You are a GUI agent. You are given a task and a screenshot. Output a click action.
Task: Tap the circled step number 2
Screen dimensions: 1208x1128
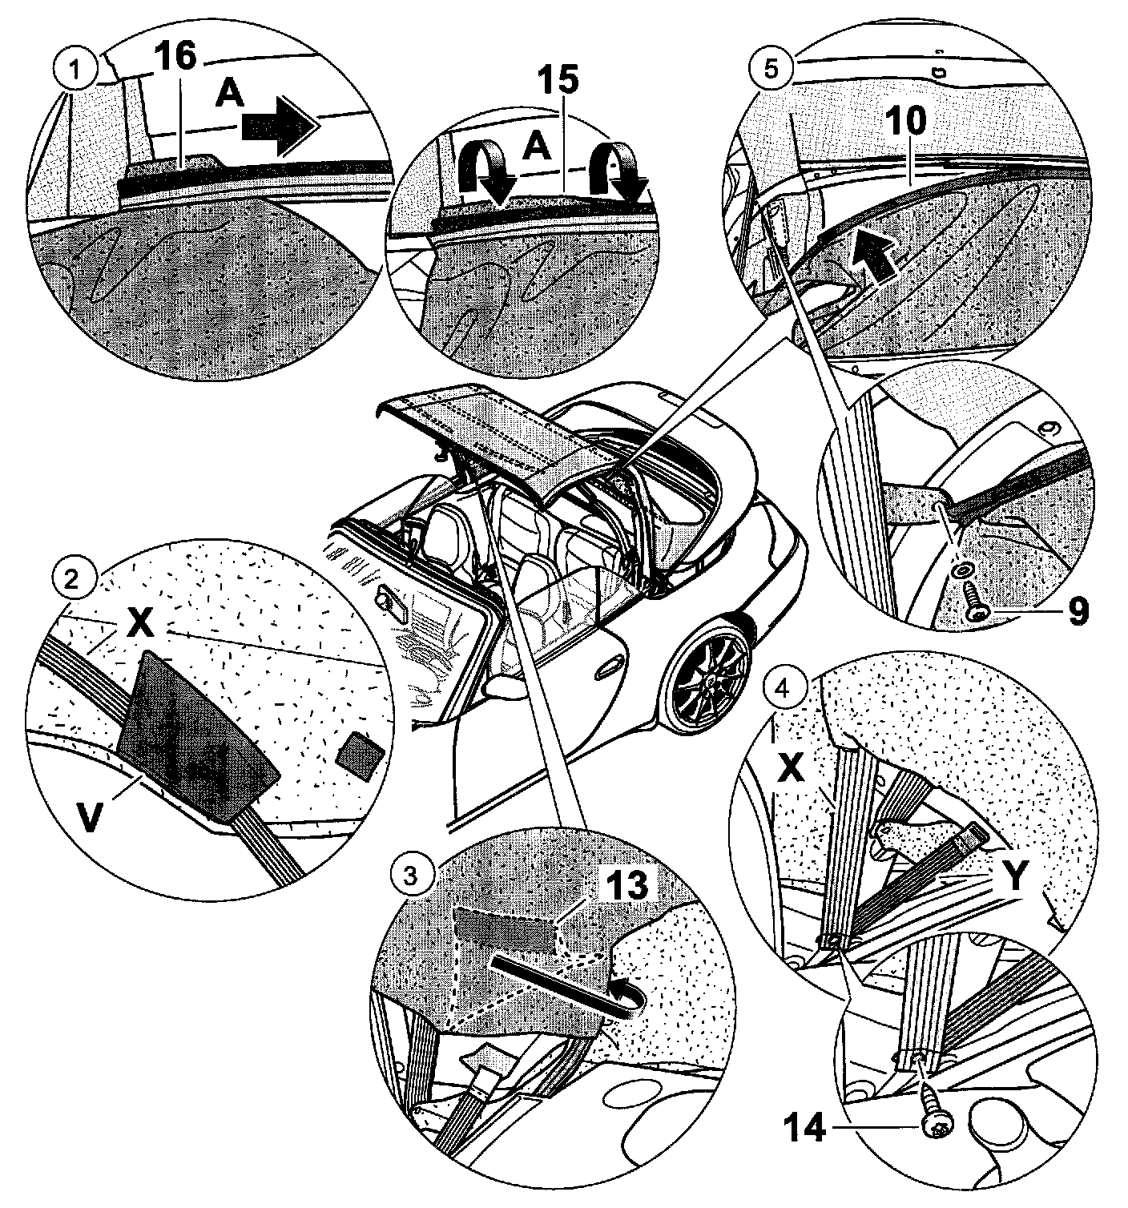(72, 578)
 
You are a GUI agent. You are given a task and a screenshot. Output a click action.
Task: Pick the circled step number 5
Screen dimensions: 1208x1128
(769, 68)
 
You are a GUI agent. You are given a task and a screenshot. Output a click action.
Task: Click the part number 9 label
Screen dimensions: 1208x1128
(1078, 611)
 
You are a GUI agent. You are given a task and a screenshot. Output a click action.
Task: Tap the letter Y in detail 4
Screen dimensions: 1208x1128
(1015, 877)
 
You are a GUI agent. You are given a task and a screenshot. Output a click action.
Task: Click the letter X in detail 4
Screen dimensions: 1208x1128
(791, 767)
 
